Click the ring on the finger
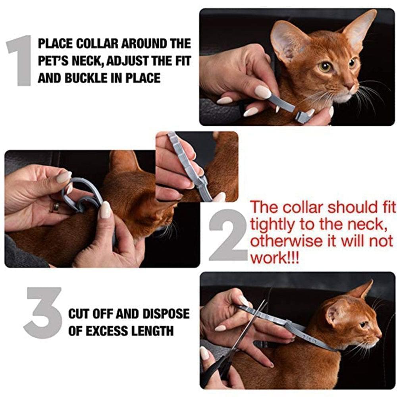(x=56, y=207)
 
